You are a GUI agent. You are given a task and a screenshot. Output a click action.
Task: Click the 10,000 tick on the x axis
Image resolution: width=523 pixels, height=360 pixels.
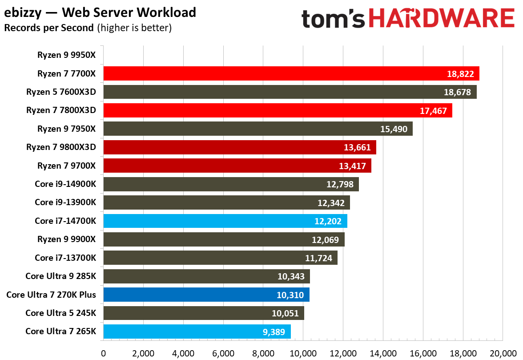pyautogui.click(x=303, y=353)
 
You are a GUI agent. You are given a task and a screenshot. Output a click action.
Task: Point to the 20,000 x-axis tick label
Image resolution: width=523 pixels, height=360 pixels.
pyautogui.click(x=503, y=353)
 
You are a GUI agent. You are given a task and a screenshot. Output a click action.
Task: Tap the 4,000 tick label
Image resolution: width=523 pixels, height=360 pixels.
pyautogui.click(x=183, y=353)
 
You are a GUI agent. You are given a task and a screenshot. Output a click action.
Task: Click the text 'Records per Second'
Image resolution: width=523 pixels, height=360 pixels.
pyautogui.click(x=48, y=28)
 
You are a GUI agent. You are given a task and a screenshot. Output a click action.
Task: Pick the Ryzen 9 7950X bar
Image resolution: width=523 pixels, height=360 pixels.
pyautogui.click(x=257, y=129)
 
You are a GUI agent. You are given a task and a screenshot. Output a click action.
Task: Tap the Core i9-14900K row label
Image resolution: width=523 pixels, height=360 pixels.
pyautogui.click(x=65, y=184)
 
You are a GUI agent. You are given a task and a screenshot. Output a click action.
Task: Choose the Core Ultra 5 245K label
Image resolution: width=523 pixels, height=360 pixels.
pyautogui.click(x=60, y=313)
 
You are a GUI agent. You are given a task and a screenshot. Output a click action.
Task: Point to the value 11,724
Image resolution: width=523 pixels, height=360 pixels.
pyautogui.click(x=318, y=258)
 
